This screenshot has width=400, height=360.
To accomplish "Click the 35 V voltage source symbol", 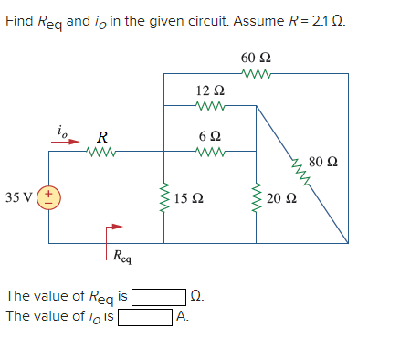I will pos(48,197).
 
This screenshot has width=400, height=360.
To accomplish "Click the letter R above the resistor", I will pos(102,137).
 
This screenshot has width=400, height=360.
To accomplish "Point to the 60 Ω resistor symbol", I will pos(255,76).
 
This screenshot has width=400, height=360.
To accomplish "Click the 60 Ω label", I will pos(255,58).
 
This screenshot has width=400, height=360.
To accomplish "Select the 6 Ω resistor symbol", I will pos(209,152).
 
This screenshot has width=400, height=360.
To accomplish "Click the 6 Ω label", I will pos(209,135).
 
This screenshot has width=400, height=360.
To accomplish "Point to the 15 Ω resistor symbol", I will pos(164,197).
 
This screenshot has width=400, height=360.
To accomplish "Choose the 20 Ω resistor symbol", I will pos(256,197).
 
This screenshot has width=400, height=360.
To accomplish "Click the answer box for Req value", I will pos(161,296).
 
